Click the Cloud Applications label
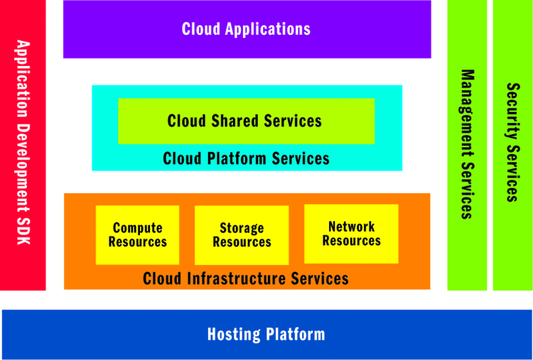[x=246, y=29]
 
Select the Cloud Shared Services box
[x=246, y=121]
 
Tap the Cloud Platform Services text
[x=246, y=158]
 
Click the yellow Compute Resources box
[x=137, y=235]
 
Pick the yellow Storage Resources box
[x=242, y=235]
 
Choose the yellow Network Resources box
[x=351, y=234]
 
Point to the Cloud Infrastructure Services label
[x=246, y=278]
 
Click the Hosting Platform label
[x=266, y=334]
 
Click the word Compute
[x=137, y=228]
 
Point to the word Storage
[x=242, y=228]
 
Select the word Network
[x=351, y=227]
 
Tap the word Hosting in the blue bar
[x=233, y=334]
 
